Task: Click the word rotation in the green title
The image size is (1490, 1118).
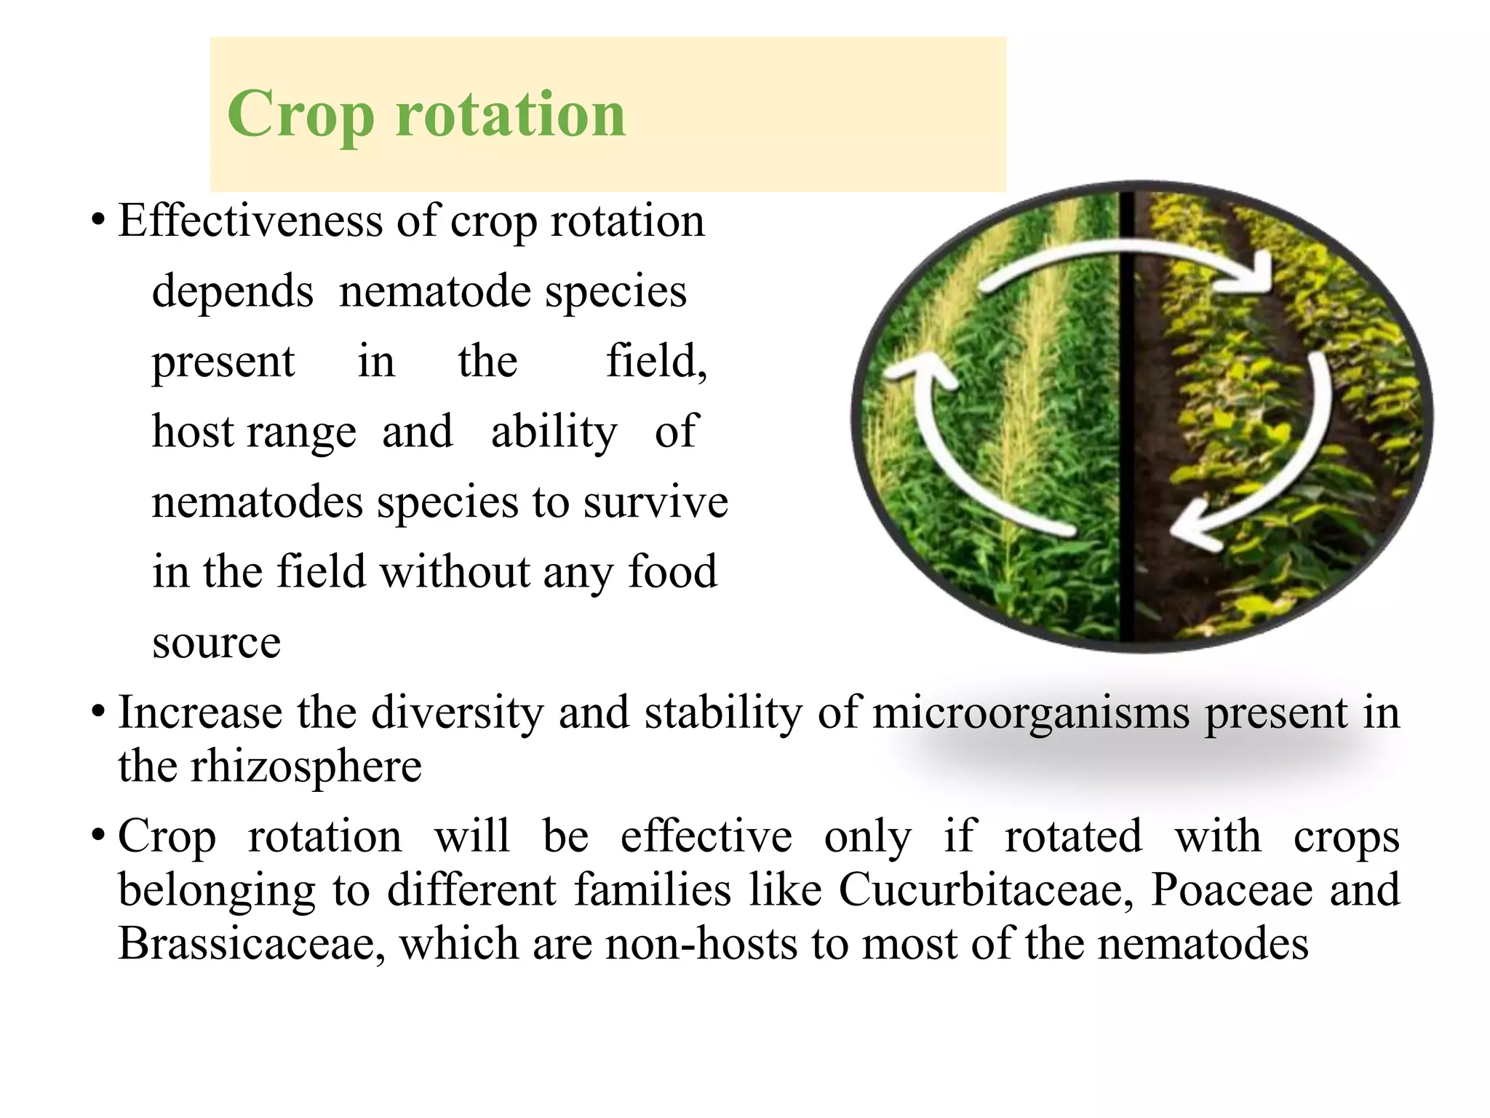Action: (510, 114)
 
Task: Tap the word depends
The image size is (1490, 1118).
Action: (232, 291)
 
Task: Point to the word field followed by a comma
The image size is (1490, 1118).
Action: (656, 361)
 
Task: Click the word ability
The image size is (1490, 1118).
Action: (554, 432)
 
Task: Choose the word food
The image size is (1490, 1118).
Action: (672, 572)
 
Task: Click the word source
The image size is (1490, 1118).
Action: (216, 643)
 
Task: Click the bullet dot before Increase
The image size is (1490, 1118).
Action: (97, 712)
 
